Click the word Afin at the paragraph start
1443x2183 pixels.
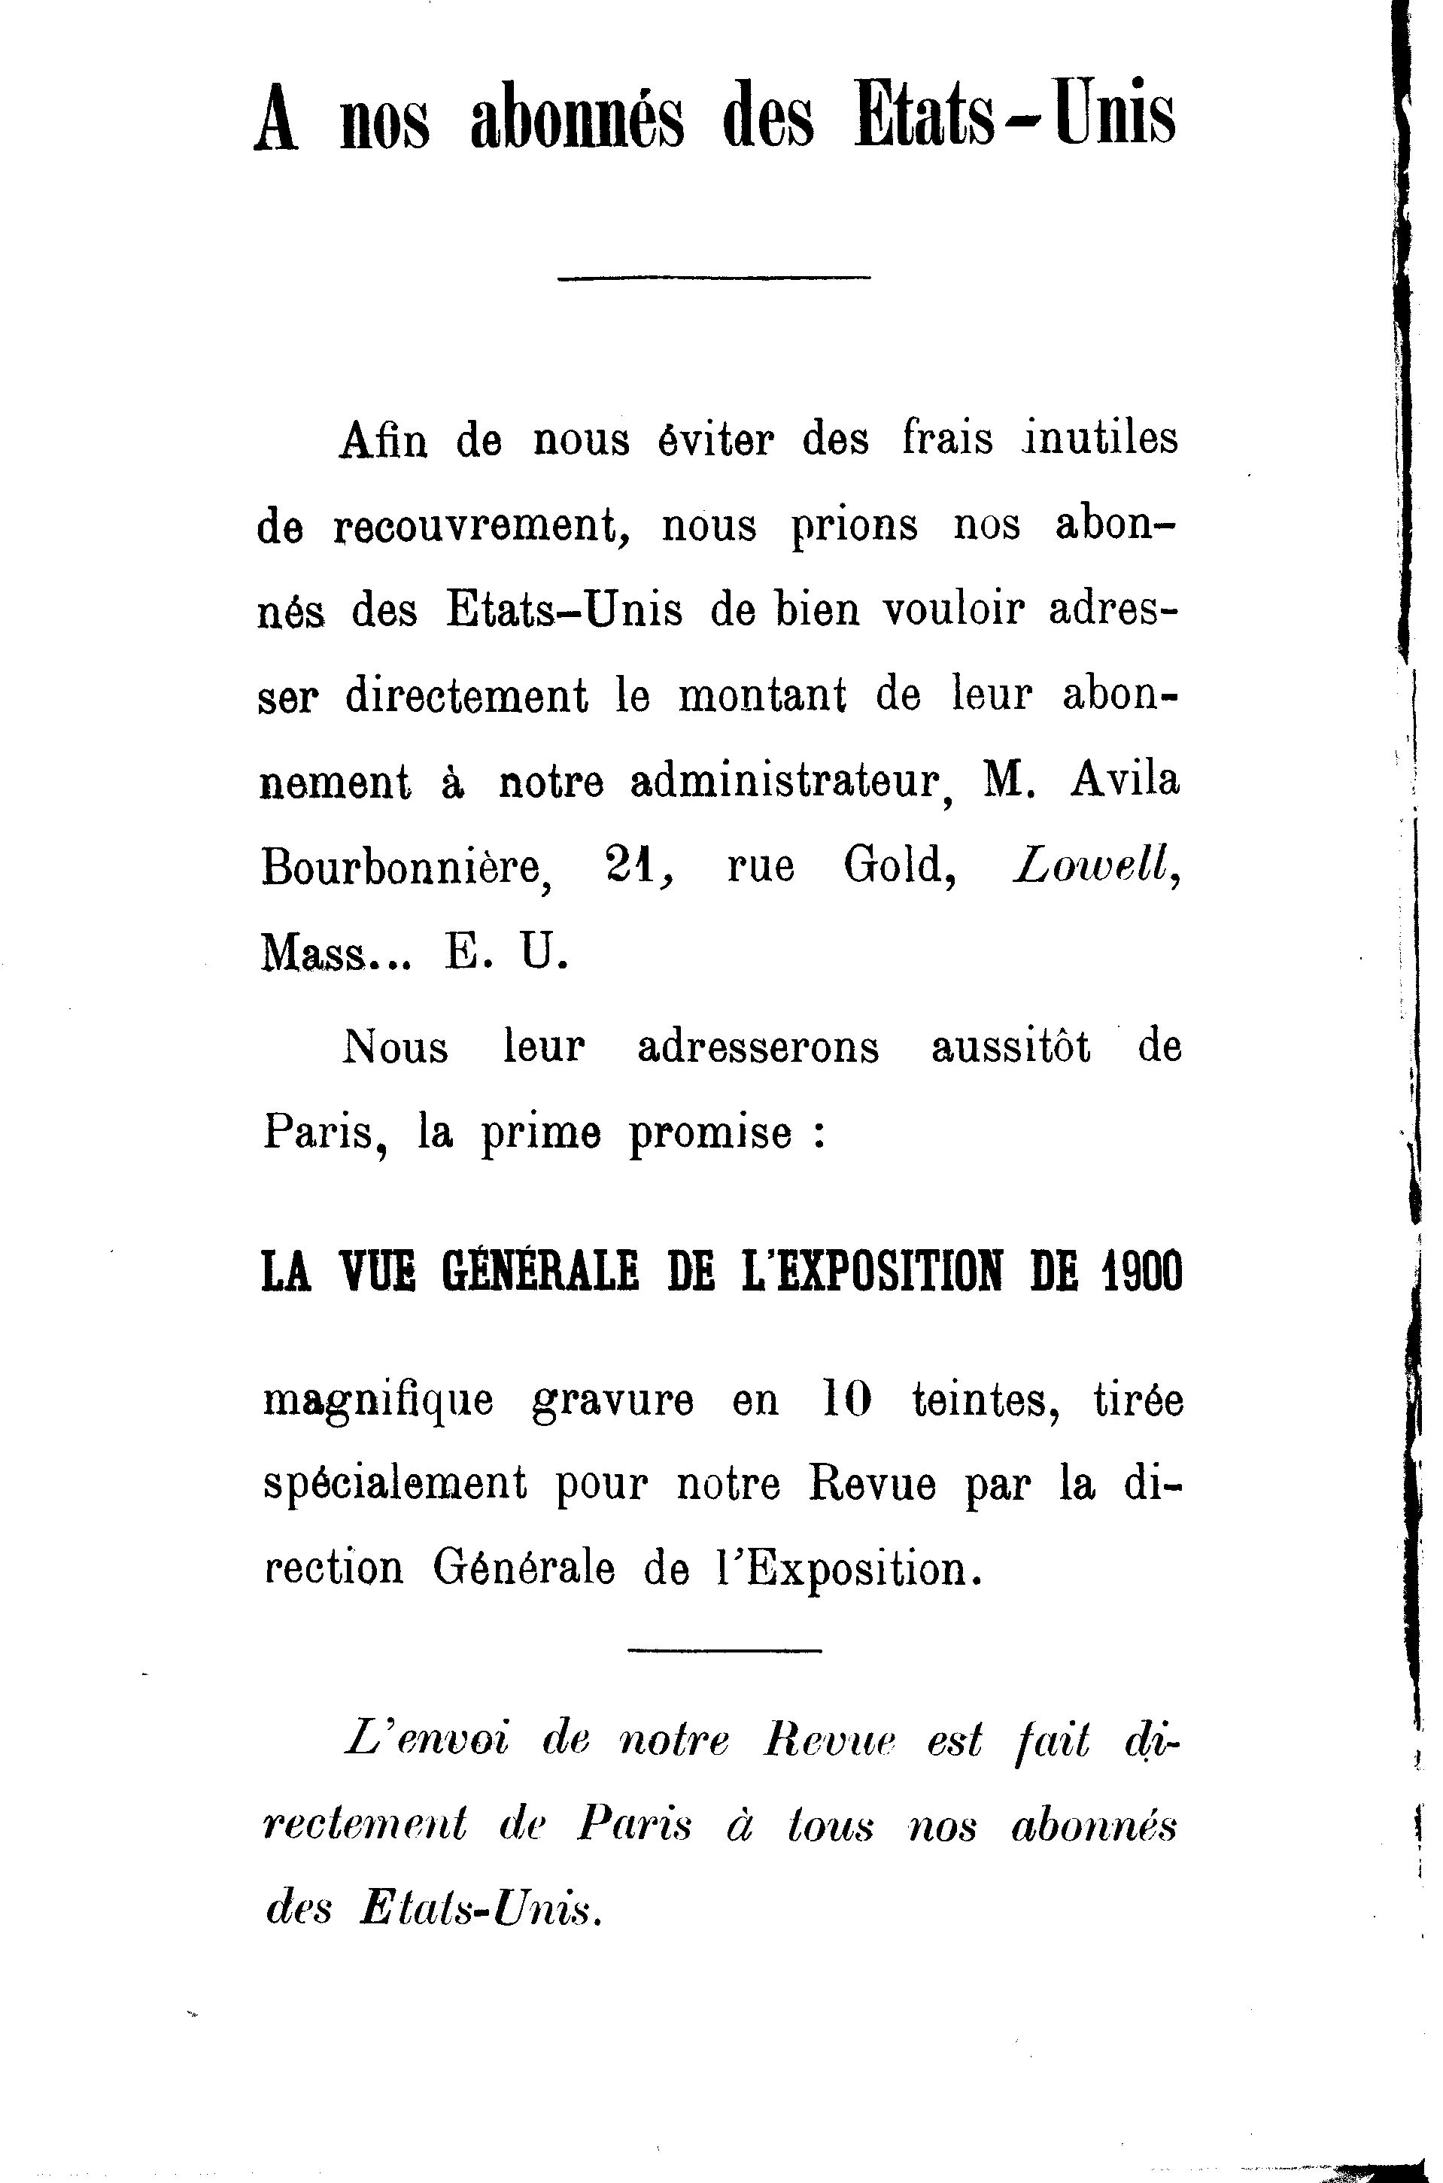pyautogui.click(x=383, y=439)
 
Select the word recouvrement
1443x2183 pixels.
pyautogui.click(x=473, y=525)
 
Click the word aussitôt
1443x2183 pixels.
pyautogui.click(x=1010, y=1047)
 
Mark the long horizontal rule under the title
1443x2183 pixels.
pyautogui.click(x=713, y=277)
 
